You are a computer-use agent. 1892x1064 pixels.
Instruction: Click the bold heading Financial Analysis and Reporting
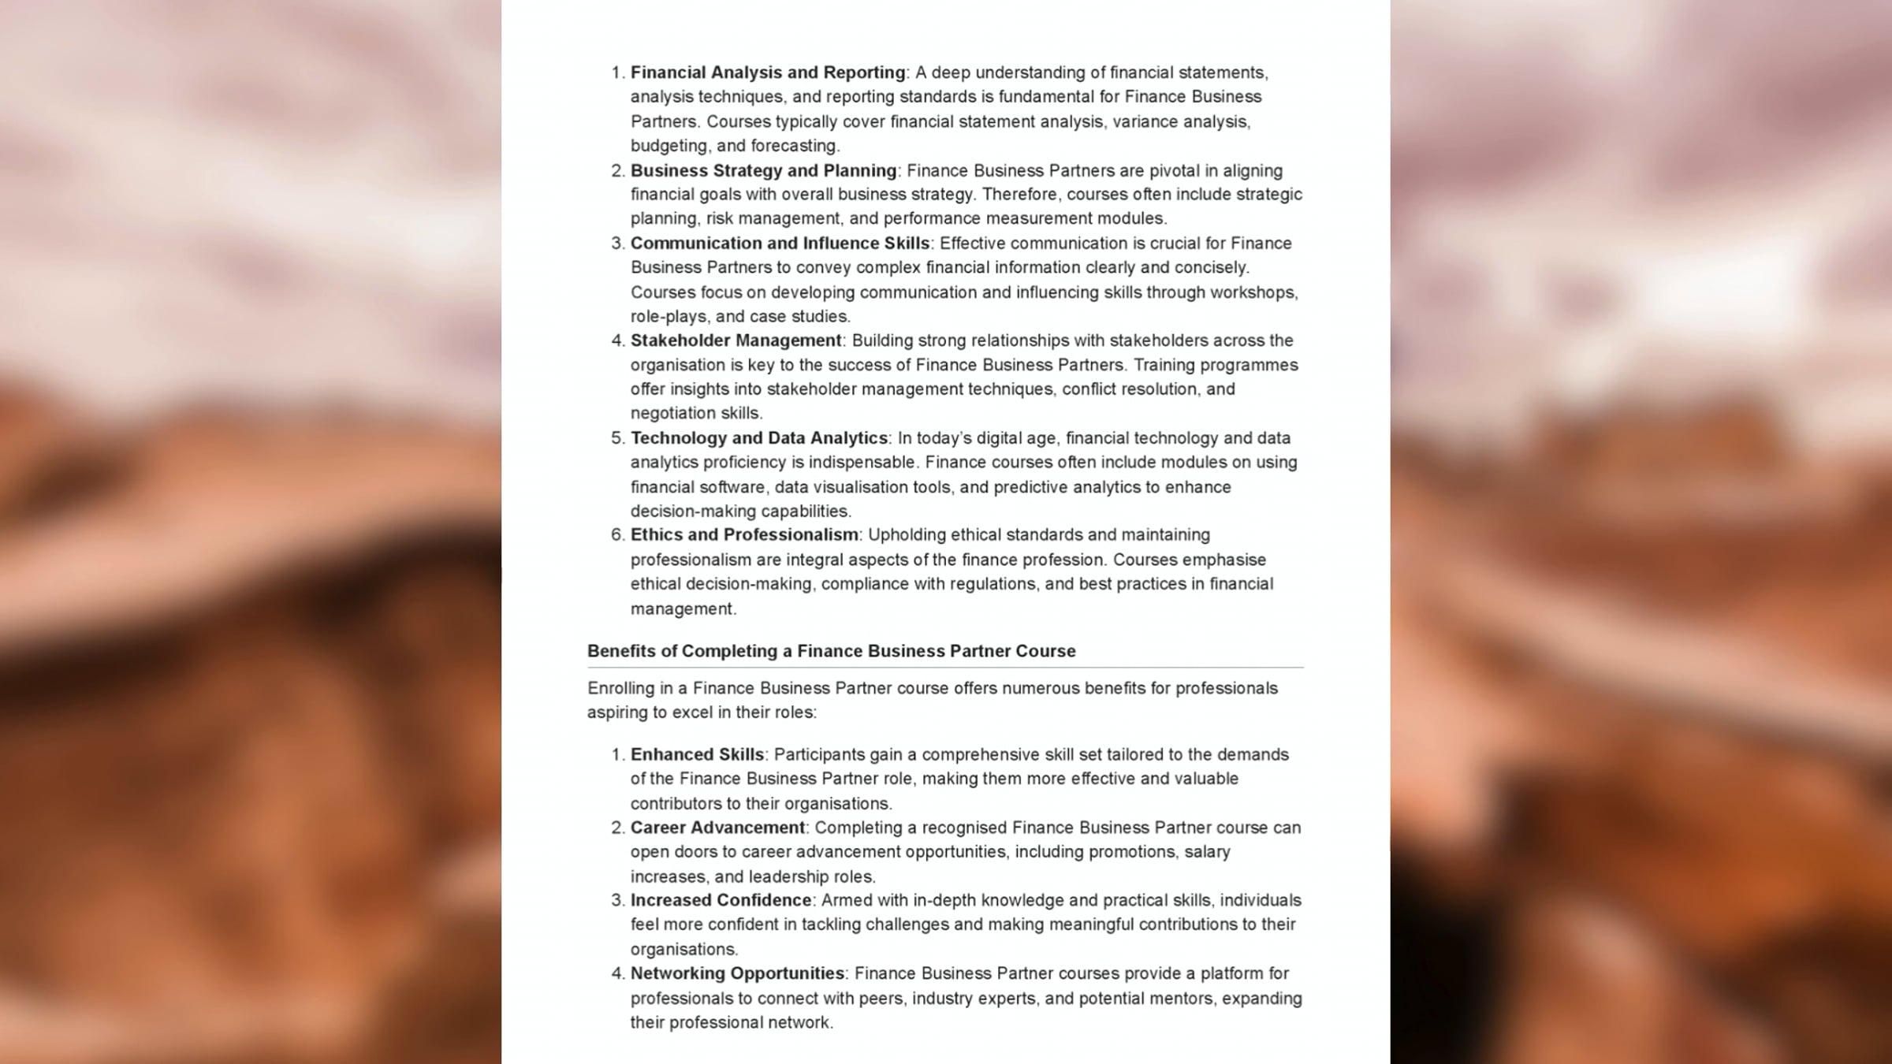(x=767, y=73)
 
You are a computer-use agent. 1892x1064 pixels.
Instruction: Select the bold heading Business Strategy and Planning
(x=763, y=170)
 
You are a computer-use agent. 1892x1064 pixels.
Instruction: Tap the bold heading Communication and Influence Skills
(x=780, y=243)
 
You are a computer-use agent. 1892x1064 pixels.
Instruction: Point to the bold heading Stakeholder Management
(x=736, y=340)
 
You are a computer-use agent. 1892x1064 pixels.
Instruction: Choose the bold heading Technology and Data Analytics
(x=758, y=437)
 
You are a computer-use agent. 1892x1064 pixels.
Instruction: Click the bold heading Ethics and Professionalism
(x=743, y=534)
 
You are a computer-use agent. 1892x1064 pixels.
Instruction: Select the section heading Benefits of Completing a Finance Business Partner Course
(x=831, y=651)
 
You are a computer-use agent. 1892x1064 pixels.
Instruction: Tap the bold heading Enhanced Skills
(x=697, y=754)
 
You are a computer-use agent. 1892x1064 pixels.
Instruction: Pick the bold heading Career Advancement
(x=717, y=828)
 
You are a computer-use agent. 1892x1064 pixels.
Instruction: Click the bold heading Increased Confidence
(x=721, y=900)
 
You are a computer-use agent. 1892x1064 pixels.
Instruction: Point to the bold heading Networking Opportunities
(x=737, y=973)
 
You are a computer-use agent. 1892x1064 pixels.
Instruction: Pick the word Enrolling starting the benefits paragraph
(x=620, y=688)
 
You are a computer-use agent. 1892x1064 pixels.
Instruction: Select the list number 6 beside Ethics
(x=617, y=534)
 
